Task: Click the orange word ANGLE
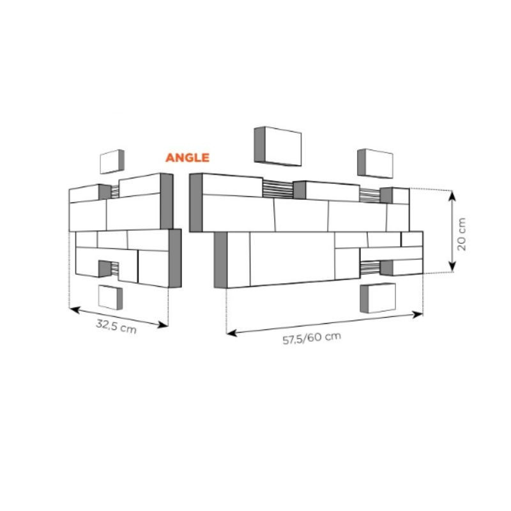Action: tap(187, 158)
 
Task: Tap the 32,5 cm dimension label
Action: tap(116, 326)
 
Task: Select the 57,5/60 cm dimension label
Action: tap(312, 339)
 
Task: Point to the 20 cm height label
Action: tap(461, 234)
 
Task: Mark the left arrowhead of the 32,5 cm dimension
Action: tap(74, 309)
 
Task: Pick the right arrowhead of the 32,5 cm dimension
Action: tap(163, 324)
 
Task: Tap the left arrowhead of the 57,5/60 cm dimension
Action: tap(231, 333)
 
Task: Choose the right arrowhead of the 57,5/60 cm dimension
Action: tap(418, 315)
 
